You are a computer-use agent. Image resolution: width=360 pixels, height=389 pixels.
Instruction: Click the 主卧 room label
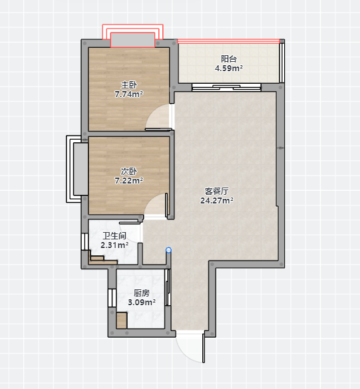(x=129, y=85)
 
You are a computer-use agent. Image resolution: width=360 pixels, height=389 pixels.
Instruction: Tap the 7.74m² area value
(x=129, y=94)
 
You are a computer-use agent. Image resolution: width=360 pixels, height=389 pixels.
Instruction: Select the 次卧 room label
(x=129, y=171)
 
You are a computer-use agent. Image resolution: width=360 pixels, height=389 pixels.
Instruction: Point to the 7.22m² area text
(x=129, y=180)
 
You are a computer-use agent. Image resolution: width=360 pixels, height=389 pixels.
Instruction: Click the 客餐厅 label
(x=217, y=191)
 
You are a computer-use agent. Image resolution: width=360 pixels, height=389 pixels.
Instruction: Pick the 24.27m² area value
(x=217, y=200)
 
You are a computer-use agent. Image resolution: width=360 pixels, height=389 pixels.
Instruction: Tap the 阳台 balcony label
(x=229, y=59)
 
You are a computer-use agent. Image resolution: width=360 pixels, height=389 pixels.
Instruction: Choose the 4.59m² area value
(x=229, y=68)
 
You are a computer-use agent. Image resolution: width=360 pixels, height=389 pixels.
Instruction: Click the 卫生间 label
(x=114, y=235)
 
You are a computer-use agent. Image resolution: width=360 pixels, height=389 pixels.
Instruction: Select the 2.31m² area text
(x=114, y=245)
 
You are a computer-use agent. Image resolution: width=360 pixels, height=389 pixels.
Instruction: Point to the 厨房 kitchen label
(x=142, y=293)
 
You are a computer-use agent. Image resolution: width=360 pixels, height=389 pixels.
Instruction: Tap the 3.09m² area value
(x=142, y=302)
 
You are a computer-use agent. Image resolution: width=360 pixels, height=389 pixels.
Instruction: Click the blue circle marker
(x=168, y=250)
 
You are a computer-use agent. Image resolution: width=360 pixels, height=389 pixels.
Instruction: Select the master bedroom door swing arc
(x=152, y=112)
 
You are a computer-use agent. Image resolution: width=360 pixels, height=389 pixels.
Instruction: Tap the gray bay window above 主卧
(x=132, y=40)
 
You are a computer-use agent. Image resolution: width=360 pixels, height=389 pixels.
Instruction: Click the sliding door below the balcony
(x=226, y=87)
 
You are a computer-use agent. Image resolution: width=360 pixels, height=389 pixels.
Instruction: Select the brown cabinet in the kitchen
(x=122, y=321)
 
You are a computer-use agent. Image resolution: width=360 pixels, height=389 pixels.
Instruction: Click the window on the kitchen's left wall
(x=112, y=298)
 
